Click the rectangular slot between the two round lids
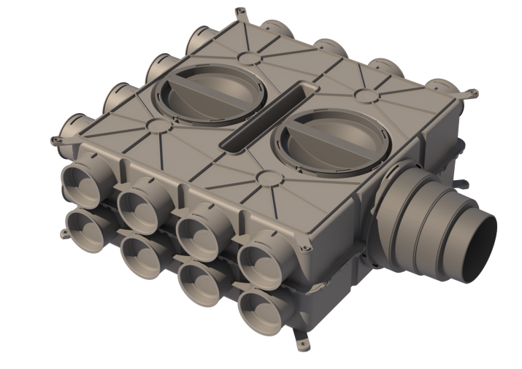pos(263,117)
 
